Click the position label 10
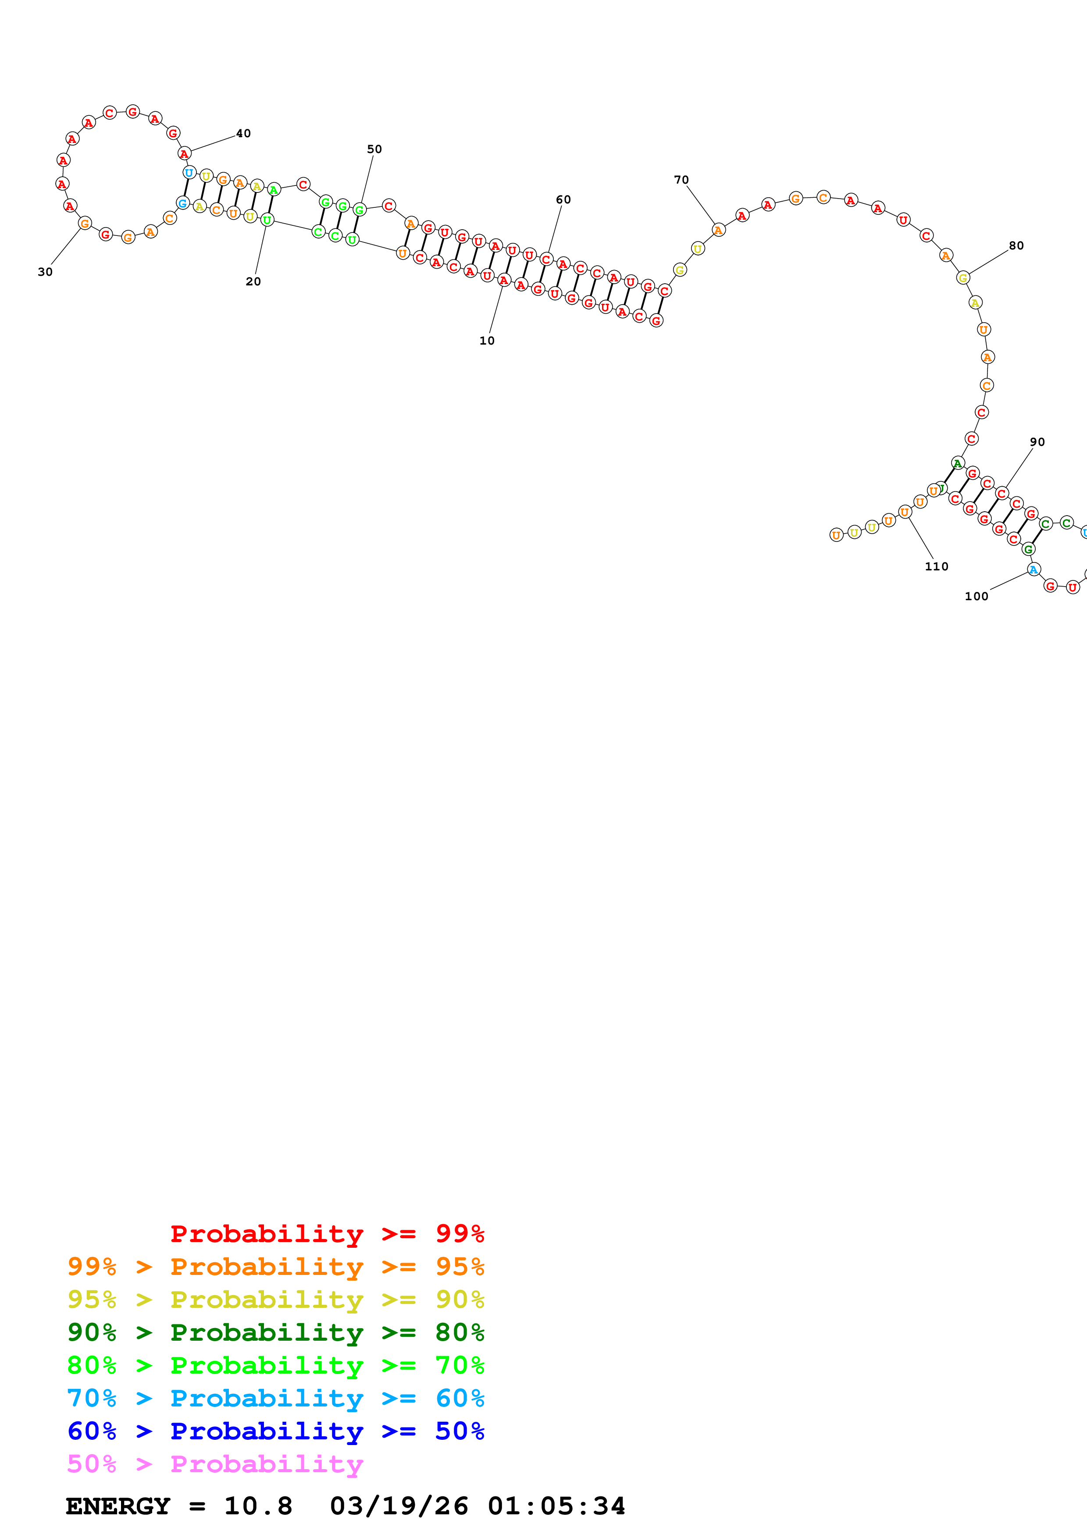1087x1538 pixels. [x=487, y=341]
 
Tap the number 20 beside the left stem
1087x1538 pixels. [x=253, y=282]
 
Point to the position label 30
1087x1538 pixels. [x=45, y=272]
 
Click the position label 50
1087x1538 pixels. [x=374, y=150]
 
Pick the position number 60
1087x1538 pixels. [x=563, y=199]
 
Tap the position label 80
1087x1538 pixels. [x=1016, y=246]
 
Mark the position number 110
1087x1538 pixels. [x=936, y=567]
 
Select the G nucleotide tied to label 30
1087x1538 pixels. [x=84, y=223]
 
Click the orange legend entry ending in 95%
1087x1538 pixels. [x=275, y=1267]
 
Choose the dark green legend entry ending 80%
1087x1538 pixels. [x=275, y=1332]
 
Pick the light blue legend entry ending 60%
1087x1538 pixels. [x=275, y=1398]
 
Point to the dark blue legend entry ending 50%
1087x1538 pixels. [x=275, y=1431]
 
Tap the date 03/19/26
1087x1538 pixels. [x=399, y=1506]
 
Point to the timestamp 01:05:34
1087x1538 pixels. [x=556, y=1506]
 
